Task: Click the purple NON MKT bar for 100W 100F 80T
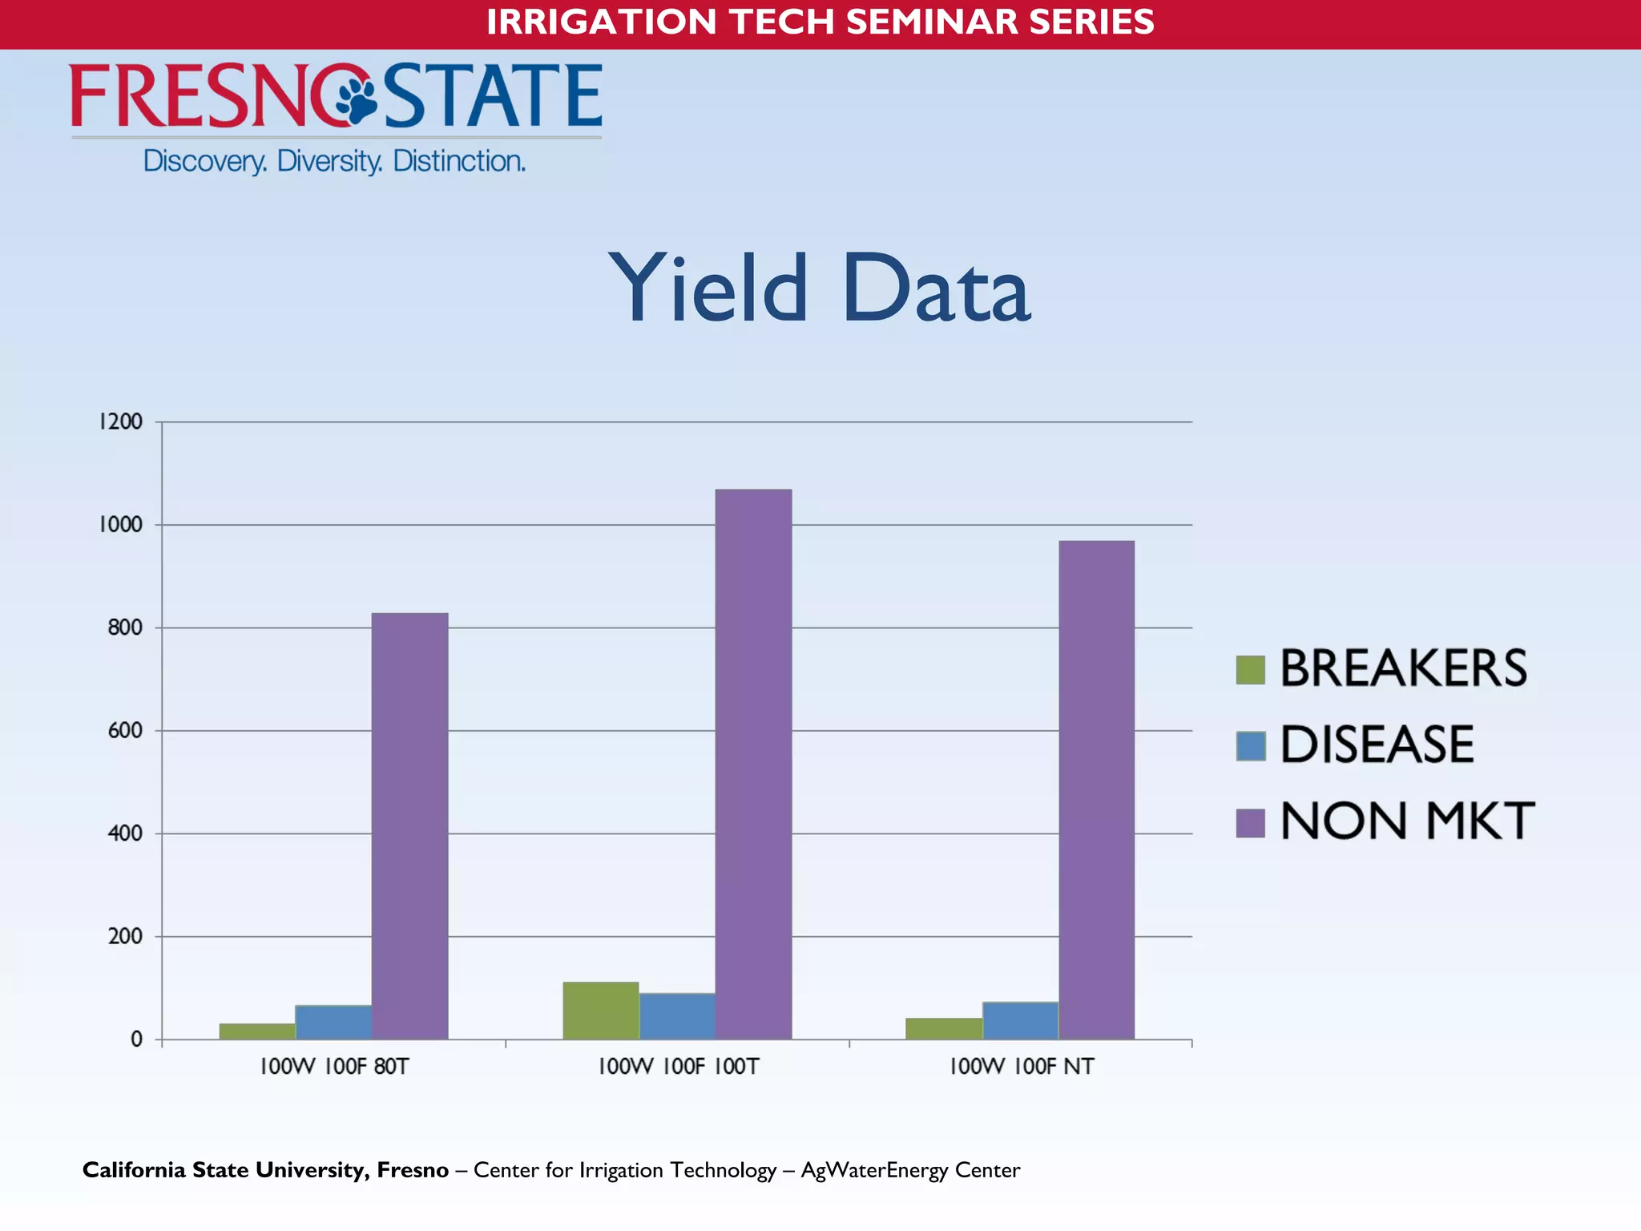409,825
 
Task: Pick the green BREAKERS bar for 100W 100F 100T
601,1011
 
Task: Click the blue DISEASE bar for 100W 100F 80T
333,1022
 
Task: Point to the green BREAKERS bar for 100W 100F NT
944,1028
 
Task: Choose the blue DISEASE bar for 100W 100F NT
1020,1020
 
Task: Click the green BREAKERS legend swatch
1250,670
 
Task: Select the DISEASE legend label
1377,745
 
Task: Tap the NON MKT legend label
1406,821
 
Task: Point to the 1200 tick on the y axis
121,422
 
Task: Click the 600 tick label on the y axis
125,731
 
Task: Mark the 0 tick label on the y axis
136,1039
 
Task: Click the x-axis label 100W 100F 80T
334,1067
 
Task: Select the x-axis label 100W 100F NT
1021,1067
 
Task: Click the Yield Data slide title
819,289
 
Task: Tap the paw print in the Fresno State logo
356,97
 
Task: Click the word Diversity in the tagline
329,162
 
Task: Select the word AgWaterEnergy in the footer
874,1170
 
